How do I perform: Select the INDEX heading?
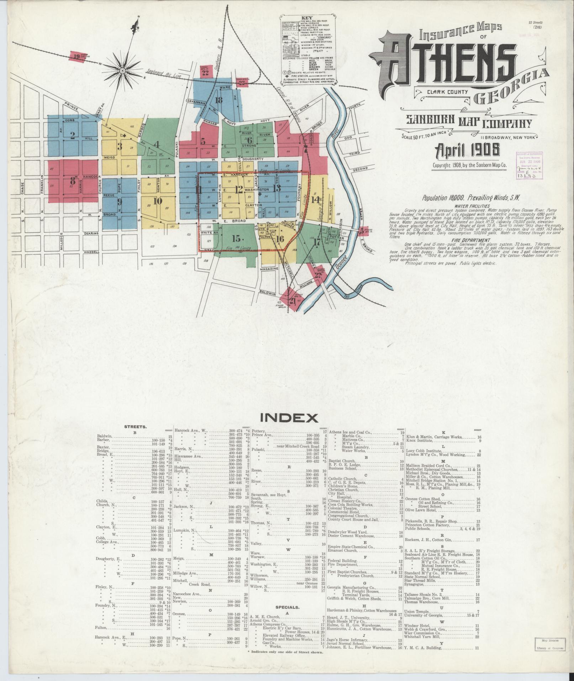coord(289,417)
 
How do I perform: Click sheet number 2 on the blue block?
coord(73,135)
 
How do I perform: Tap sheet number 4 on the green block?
coord(156,144)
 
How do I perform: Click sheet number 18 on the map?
coord(218,100)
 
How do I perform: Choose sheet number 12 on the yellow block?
coord(239,189)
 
